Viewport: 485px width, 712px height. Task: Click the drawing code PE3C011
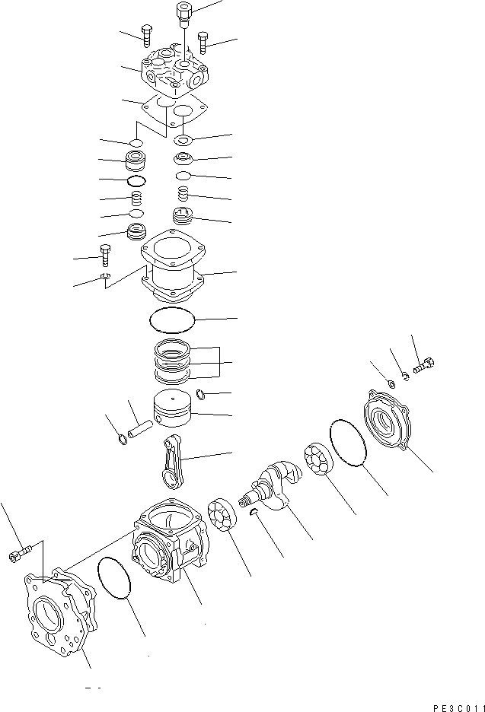click(x=454, y=706)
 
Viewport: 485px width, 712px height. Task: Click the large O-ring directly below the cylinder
click(x=173, y=321)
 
